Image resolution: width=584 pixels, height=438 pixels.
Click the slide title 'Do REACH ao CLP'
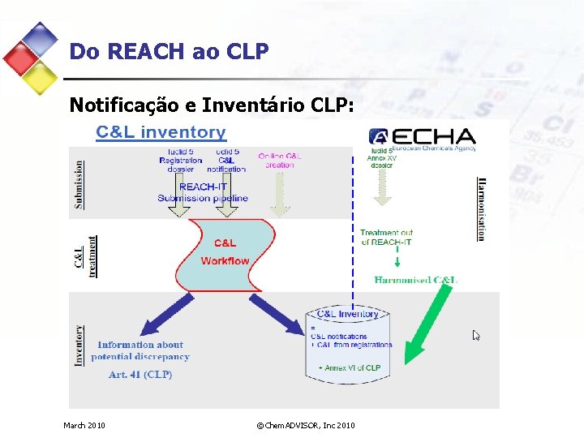click(169, 52)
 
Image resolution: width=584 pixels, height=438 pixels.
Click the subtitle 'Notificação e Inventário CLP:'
click(212, 105)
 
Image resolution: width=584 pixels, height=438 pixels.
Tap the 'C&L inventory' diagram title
click(161, 132)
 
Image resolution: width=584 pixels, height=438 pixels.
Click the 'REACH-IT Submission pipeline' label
click(203, 192)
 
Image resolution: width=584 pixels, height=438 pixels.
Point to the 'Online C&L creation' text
click(280, 160)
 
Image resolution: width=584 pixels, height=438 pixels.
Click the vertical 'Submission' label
click(79, 184)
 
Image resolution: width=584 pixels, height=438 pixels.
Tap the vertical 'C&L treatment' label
click(85, 255)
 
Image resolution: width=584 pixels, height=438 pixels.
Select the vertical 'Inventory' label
click(79, 346)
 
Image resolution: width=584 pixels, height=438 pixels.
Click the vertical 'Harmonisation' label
click(481, 208)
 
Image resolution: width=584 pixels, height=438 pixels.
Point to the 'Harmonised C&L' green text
click(415, 280)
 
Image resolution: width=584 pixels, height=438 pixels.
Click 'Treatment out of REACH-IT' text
click(386, 238)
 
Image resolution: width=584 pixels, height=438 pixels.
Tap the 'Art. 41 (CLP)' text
click(140, 375)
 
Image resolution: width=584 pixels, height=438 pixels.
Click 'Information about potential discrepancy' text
click(140, 350)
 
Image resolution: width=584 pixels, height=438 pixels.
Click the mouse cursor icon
click(477, 335)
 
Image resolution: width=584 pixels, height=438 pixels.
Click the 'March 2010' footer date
click(84, 425)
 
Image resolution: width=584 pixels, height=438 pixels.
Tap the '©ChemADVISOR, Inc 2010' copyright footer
click(305, 425)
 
